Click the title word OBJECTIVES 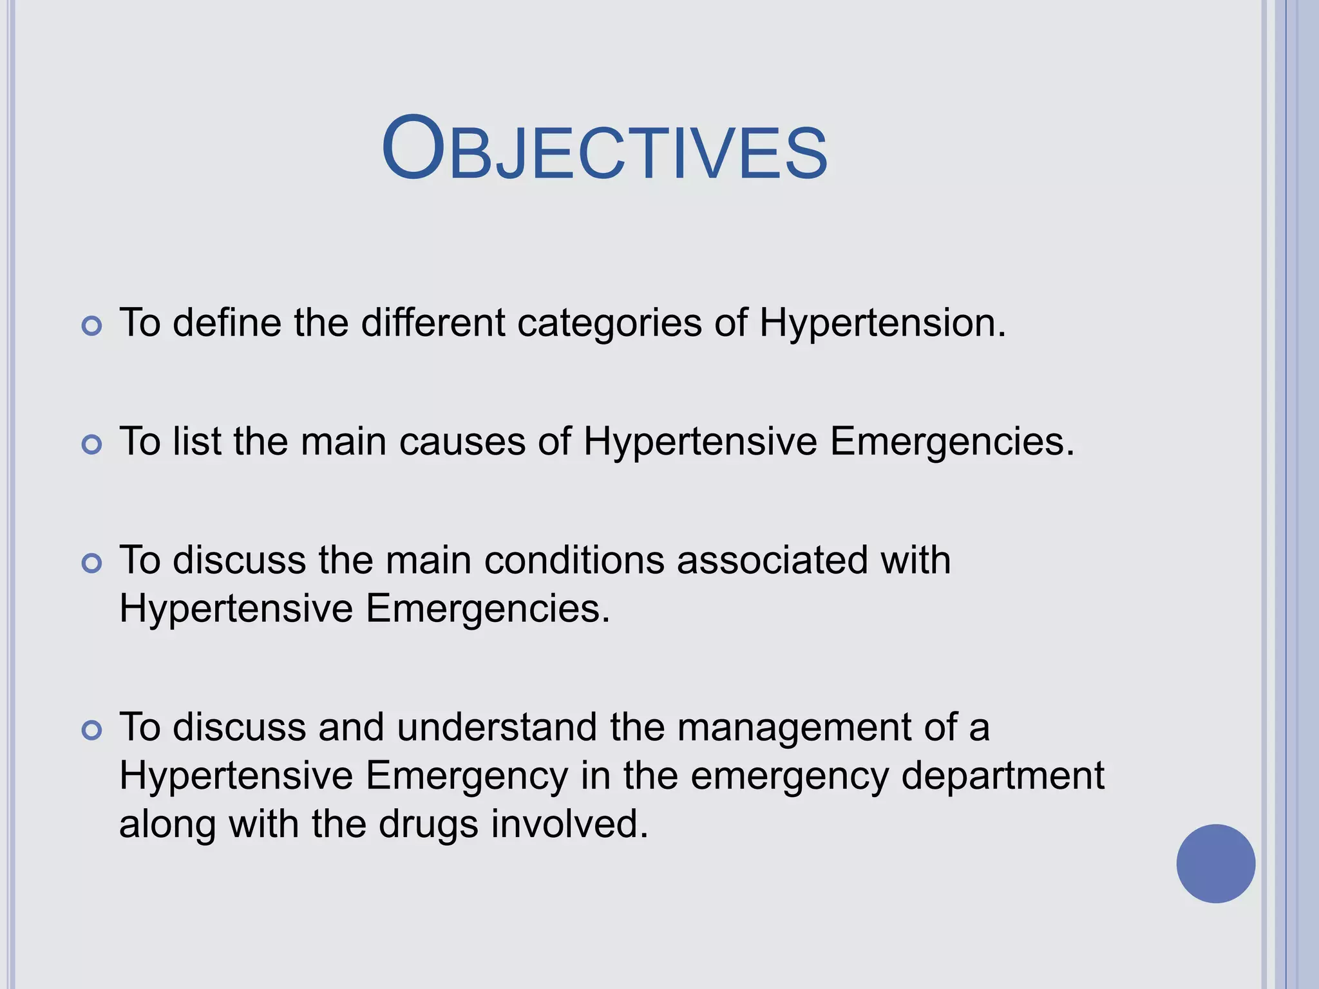(604, 149)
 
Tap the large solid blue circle (1215, 863)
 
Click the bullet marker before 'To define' (92, 326)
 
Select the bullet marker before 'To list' (92, 444)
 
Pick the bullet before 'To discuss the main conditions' (92, 563)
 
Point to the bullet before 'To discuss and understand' (92, 730)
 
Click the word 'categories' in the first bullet (609, 323)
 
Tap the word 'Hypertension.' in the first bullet (882, 323)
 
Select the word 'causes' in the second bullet (462, 442)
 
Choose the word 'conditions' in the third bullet (574, 560)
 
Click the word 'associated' (772, 560)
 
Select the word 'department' (1003, 776)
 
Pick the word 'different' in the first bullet (433, 323)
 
